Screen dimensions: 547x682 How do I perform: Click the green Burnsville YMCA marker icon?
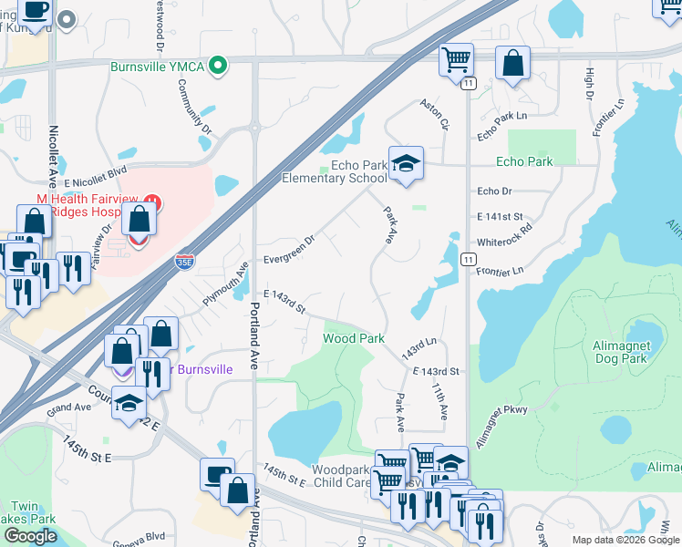pos(217,66)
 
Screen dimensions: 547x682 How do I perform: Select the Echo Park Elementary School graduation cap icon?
pos(406,164)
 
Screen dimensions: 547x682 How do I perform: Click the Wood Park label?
pos(354,338)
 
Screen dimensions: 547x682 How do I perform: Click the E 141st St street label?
pos(504,217)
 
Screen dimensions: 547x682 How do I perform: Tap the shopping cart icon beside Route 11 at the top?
pos(456,60)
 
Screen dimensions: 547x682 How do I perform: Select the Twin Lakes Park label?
pos(28,512)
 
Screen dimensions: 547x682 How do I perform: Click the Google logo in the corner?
pos(30,536)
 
